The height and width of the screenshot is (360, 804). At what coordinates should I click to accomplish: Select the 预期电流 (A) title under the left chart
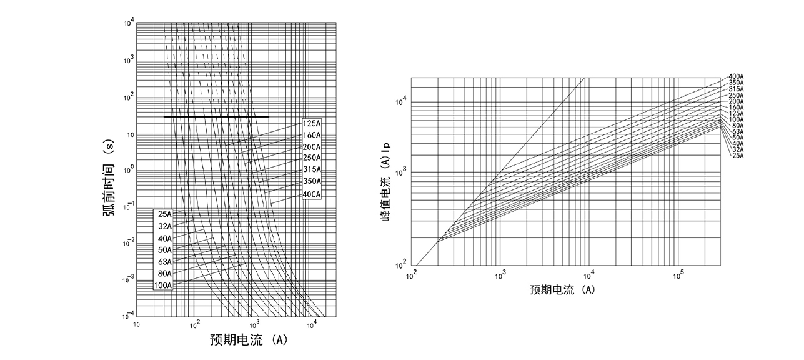(248, 341)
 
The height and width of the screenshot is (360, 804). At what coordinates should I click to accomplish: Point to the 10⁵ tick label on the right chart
(678, 275)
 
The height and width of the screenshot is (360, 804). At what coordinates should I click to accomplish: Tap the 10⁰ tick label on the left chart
(129, 169)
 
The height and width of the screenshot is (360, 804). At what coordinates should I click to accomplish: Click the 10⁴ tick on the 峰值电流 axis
(402, 100)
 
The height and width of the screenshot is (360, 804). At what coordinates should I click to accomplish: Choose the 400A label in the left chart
(312, 194)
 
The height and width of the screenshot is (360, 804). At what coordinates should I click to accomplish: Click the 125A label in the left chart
(312, 123)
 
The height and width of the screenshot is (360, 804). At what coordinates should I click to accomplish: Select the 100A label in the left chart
(162, 286)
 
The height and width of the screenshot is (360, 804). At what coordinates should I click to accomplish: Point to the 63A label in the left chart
(164, 262)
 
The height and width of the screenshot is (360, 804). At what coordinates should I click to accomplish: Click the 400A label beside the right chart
(735, 76)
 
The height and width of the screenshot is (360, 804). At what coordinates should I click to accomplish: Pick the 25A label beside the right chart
(737, 155)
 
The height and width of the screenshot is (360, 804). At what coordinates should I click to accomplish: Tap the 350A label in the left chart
(312, 182)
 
